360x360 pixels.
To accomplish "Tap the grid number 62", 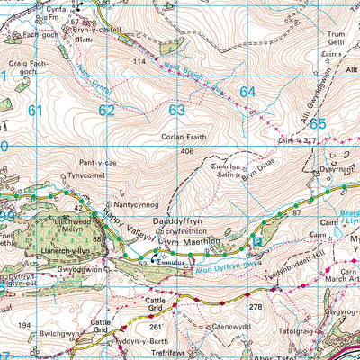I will point(107,111).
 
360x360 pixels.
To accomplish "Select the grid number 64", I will point(247,92).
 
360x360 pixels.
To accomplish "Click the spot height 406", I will point(187,151).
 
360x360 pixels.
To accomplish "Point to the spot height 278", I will point(255,308).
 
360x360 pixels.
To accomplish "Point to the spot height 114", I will point(139,60).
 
